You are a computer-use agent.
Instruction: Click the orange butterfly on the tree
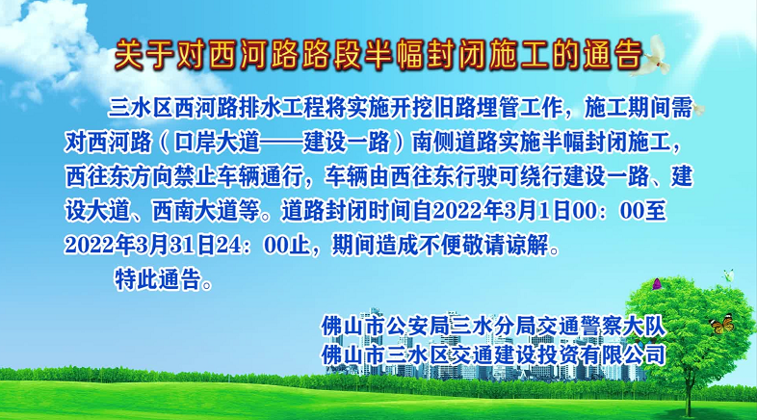point(718,327)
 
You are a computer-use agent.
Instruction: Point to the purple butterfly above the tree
point(657,284)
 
